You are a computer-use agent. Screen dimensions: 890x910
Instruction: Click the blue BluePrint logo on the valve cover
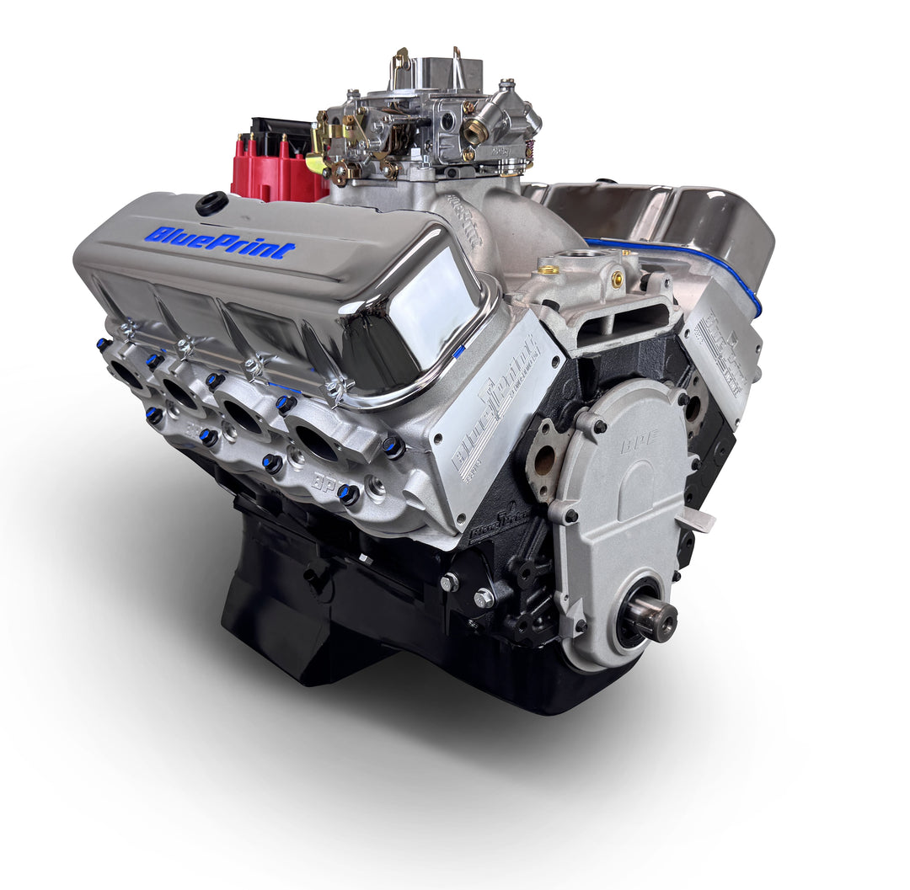pyautogui.click(x=220, y=242)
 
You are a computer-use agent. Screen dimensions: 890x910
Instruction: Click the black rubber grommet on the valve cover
pyautogui.click(x=211, y=203)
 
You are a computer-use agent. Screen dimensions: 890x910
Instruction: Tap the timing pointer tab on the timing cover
pyautogui.click(x=696, y=520)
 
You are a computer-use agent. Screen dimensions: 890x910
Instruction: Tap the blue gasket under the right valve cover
pyautogui.click(x=674, y=253)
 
